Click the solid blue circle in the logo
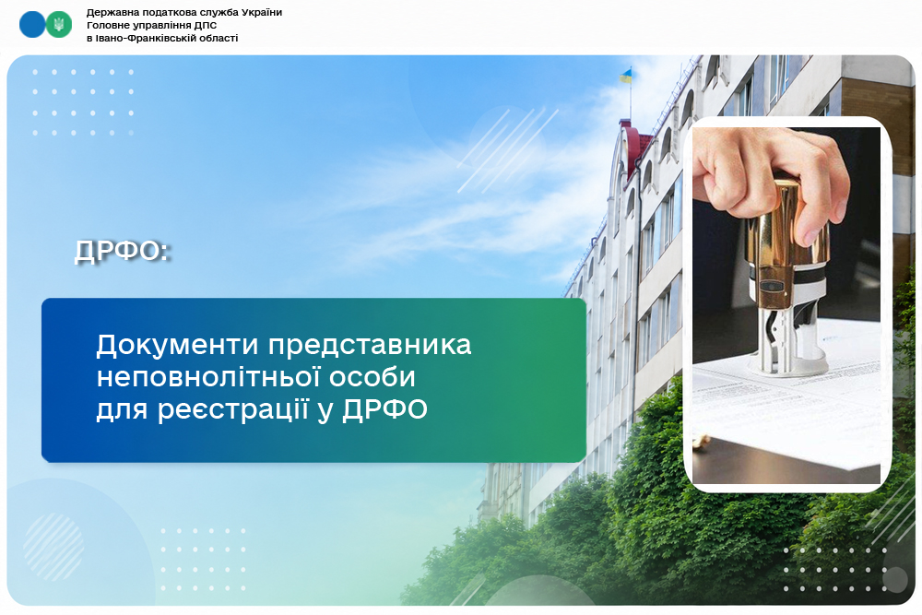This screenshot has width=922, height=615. pos(32,25)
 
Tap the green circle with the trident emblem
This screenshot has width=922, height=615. pos(59,25)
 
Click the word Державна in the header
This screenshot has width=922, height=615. pos(110,12)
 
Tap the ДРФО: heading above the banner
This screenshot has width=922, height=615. pos(123,251)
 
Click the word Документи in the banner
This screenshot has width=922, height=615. pos(178,345)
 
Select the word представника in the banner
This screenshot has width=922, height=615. pos(370,346)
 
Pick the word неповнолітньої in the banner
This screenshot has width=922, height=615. pos(207,377)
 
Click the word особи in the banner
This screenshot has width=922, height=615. pos(372,377)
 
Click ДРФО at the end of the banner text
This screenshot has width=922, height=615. pos(385,409)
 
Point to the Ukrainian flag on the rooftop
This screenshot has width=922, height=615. pos(626,76)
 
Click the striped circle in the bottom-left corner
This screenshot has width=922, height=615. pos(53,547)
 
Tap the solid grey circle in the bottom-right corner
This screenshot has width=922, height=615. pos(895,580)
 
